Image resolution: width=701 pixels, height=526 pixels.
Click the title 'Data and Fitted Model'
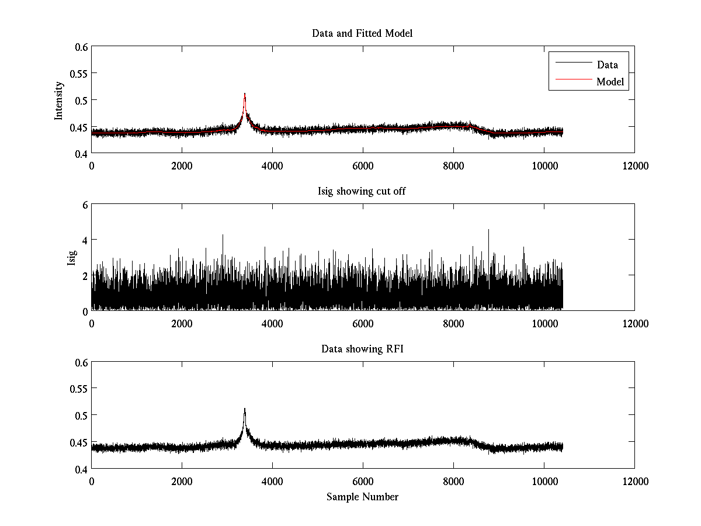362,33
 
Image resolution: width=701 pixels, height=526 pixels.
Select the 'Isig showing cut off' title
362,192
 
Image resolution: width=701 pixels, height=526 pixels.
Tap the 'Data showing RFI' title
362,349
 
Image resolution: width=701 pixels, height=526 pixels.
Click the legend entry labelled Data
607,65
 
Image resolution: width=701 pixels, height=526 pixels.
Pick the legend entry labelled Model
610,82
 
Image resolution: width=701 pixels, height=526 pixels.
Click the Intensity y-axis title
59,100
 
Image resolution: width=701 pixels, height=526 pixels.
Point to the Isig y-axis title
72,258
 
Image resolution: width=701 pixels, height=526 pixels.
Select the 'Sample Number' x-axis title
362,497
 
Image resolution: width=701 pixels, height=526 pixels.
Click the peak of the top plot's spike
245,94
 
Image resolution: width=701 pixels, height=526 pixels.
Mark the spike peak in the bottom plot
245,409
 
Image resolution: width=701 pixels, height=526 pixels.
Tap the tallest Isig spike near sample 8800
488,230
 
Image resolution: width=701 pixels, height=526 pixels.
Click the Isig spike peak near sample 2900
223,235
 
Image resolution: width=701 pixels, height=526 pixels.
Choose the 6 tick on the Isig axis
84,205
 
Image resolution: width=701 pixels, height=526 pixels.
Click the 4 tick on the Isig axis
84,240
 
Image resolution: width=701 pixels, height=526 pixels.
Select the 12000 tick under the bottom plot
634,482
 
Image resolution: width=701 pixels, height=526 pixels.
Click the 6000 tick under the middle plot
363,324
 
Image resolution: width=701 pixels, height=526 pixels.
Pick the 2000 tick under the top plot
182,166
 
